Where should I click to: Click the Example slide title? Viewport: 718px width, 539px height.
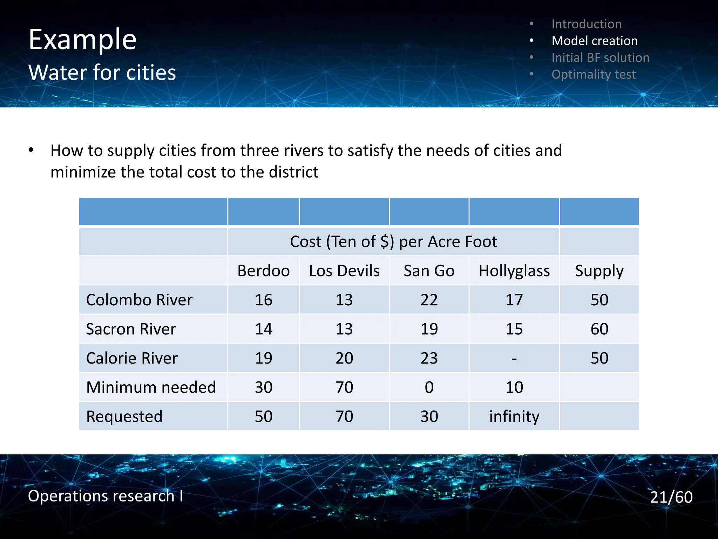[82, 40]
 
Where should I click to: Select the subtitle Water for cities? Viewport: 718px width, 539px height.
[102, 73]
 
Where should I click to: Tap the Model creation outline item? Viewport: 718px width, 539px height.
[595, 41]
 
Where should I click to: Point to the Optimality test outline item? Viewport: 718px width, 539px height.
[593, 74]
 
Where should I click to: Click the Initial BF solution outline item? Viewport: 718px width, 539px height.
[600, 58]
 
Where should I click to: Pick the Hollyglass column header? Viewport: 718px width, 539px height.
[514, 271]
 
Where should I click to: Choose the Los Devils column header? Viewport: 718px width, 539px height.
[344, 271]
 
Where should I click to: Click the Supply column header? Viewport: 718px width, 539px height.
[599, 271]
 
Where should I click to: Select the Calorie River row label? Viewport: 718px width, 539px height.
[132, 358]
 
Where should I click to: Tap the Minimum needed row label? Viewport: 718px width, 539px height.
[151, 387]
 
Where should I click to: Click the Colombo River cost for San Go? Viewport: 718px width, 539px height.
[429, 300]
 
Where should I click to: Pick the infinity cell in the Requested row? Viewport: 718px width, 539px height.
[514, 417]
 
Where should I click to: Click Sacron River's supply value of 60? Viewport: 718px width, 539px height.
[599, 329]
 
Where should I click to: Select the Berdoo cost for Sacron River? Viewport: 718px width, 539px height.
[263, 329]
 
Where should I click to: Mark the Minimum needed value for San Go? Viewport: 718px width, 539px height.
[429, 387]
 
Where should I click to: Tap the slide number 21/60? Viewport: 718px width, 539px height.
[671, 497]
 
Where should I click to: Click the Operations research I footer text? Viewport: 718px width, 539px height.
[105, 496]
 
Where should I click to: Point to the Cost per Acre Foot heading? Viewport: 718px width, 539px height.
[393, 242]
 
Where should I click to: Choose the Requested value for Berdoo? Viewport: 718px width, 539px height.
[263, 417]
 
